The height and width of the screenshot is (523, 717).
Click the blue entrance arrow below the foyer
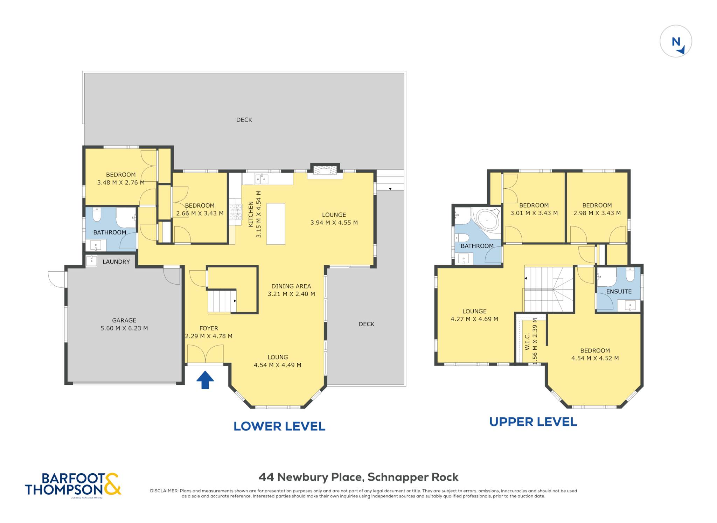point(205,380)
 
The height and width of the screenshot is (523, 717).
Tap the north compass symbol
point(676,41)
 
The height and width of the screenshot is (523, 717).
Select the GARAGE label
point(124,320)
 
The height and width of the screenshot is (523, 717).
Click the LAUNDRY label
point(116,261)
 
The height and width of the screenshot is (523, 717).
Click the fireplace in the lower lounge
point(325,170)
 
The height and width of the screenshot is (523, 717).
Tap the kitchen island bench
point(276,224)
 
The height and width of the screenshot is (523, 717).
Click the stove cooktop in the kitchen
point(235,212)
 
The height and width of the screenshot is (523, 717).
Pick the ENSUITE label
point(619,291)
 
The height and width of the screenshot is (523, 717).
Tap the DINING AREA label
point(291,286)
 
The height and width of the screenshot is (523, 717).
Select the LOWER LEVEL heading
point(279,426)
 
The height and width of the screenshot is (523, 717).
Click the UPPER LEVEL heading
point(533,422)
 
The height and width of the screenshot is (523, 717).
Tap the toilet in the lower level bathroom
point(97,214)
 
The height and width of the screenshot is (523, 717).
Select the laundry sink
point(92,261)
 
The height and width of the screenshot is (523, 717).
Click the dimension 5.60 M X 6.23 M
point(124,328)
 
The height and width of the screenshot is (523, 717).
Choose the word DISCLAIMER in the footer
point(164,491)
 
